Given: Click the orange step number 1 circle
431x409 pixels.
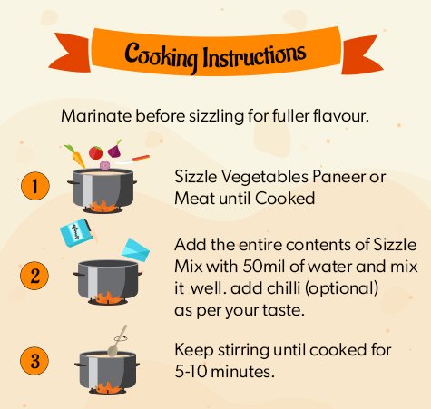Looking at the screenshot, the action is coord(35,186).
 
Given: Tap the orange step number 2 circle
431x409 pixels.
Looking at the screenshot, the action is coord(34,276).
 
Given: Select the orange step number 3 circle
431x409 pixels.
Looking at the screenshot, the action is coord(34,361).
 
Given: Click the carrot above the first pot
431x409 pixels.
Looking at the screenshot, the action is coord(75,156).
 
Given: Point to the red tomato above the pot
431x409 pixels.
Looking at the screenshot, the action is coord(95,152).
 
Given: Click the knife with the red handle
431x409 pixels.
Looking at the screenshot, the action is coord(132,160).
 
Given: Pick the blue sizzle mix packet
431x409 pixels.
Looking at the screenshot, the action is coord(75,232).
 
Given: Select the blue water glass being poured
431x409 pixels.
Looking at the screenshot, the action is coord(135,249).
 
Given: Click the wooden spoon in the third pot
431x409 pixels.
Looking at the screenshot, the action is coord(117,341).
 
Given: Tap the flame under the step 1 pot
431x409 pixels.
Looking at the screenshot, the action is coord(102,206).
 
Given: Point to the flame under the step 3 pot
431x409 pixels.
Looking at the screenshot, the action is coord(107,387).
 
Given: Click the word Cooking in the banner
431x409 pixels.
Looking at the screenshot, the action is coord(161,56).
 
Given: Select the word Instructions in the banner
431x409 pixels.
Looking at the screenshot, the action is coord(254,55).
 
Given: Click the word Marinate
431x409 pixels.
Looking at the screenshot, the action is coord(96,116).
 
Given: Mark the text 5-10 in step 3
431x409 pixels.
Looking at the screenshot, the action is coord(191,372).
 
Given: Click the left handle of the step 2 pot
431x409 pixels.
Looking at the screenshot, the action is coord(75,274).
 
